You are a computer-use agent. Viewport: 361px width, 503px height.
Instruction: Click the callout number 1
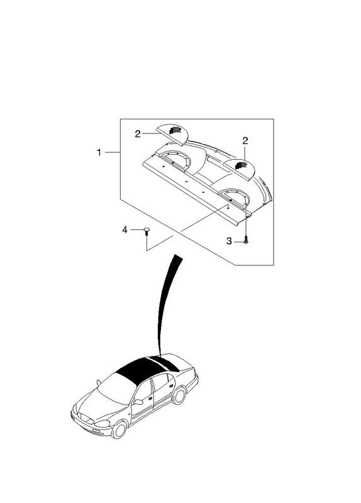(99, 152)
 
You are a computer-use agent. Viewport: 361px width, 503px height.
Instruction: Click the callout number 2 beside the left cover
(138, 134)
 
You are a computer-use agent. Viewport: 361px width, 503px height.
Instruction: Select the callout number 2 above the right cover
(245, 140)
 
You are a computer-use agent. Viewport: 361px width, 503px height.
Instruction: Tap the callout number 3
(229, 241)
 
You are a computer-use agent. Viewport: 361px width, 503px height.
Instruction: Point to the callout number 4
(125, 229)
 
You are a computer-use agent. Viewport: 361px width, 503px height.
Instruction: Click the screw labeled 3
(246, 240)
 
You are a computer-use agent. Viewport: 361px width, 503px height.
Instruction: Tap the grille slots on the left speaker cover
(175, 130)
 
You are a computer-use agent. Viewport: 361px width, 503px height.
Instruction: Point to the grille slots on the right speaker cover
(242, 165)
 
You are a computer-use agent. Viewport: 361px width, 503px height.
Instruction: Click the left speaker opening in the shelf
(175, 160)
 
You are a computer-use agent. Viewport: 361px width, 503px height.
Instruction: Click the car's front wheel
(119, 430)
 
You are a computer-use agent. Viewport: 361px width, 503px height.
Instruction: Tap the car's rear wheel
(179, 395)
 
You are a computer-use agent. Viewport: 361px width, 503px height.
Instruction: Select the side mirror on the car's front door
(138, 402)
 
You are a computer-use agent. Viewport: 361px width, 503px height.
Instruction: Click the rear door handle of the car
(170, 386)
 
